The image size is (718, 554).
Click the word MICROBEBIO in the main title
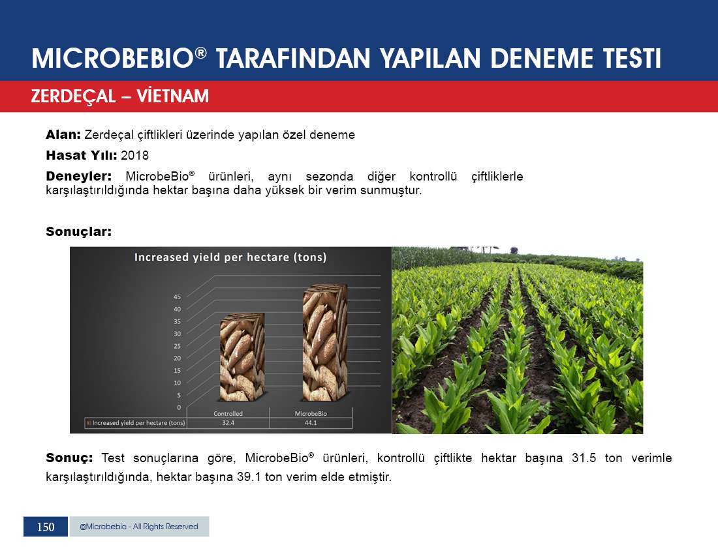click(x=113, y=59)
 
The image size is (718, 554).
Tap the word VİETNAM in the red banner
click(x=172, y=96)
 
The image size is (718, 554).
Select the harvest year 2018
click(x=134, y=155)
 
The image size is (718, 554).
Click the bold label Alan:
click(x=63, y=134)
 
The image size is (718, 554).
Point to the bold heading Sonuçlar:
click(x=79, y=231)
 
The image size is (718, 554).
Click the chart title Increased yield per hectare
click(x=230, y=257)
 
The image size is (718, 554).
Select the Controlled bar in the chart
click(x=242, y=357)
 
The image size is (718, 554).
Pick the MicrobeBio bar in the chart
click(x=325, y=343)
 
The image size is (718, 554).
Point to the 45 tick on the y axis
click(x=177, y=297)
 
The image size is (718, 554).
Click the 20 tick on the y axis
click(x=177, y=358)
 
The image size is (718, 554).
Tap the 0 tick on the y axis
click(x=179, y=407)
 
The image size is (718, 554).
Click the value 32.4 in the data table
click(x=228, y=423)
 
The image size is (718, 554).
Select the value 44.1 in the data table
click(x=311, y=423)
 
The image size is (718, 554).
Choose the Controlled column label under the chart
click(x=228, y=413)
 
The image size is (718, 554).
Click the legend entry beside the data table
click(x=136, y=423)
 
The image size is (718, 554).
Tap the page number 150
click(x=45, y=527)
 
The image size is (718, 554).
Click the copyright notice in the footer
click(x=139, y=527)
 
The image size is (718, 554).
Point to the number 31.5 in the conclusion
click(x=584, y=458)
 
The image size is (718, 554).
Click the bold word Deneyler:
click(x=79, y=177)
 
